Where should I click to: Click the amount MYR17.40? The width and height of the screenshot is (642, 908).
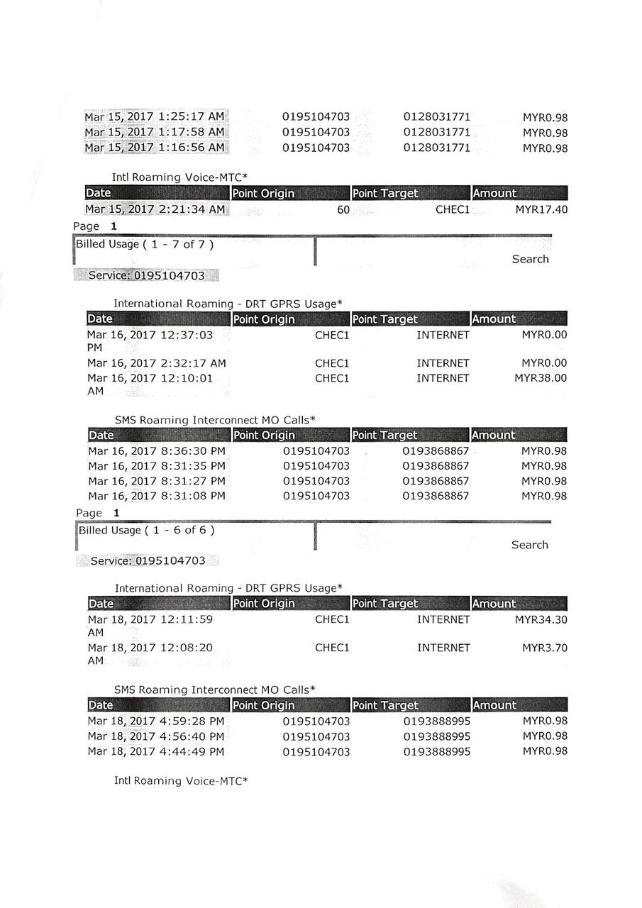pyautogui.click(x=541, y=209)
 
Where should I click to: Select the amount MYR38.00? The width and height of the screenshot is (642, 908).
pyautogui.click(x=541, y=378)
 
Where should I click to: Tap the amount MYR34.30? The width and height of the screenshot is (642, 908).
pyautogui.click(x=541, y=619)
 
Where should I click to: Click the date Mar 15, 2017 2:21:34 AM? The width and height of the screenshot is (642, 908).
pyautogui.click(x=155, y=209)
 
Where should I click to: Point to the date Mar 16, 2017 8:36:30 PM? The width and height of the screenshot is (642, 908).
pyautogui.click(x=156, y=450)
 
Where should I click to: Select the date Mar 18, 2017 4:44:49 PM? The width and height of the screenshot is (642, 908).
pyautogui.click(x=155, y=752)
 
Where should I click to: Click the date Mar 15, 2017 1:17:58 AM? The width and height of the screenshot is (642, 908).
pyautogui.click(x=155, y=133)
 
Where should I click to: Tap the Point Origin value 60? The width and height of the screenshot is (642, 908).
pyautogui.click(x=343, y=210)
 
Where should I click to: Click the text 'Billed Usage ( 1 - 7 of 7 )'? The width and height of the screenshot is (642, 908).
pyautogui.click(x=144, y=245)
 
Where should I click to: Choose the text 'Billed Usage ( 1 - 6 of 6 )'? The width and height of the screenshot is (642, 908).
pyautogui.click(x=146, y=530)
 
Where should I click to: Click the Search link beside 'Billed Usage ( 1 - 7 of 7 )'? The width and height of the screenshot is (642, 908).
pyautogui.click(x=530, y=259)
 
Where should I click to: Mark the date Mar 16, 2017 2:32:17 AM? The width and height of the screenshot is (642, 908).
pyautogui.click(x=156, y=363)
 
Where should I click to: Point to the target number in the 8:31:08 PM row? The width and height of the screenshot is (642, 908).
pyautogui.click(x=436, y=496)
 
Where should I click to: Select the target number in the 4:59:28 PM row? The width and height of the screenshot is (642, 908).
pyautogui.click(x=436, y=721)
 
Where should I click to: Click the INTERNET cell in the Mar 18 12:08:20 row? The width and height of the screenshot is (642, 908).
pyautogui.click(x=443, y=648)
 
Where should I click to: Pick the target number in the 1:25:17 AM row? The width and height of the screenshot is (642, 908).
pyautogui.click(x=436, y=117)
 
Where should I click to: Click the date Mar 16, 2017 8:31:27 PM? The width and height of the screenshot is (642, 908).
pyautogui.click(x=156, y=481)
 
